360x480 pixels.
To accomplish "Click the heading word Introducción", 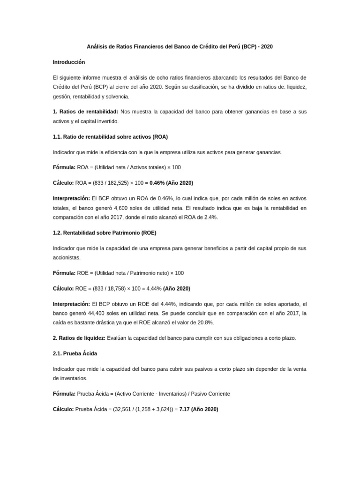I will pos(69,62).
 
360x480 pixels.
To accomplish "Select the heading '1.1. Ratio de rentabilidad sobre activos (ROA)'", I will pos(110,137).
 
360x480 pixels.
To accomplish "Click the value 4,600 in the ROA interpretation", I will pos(122,208).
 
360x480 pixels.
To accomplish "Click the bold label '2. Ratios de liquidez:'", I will pos(79,338).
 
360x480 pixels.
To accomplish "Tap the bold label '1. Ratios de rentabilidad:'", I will pos(85,112).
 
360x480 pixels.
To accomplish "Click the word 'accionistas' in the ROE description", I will pos(67,258).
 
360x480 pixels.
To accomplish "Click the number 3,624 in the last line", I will pos(163,409).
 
